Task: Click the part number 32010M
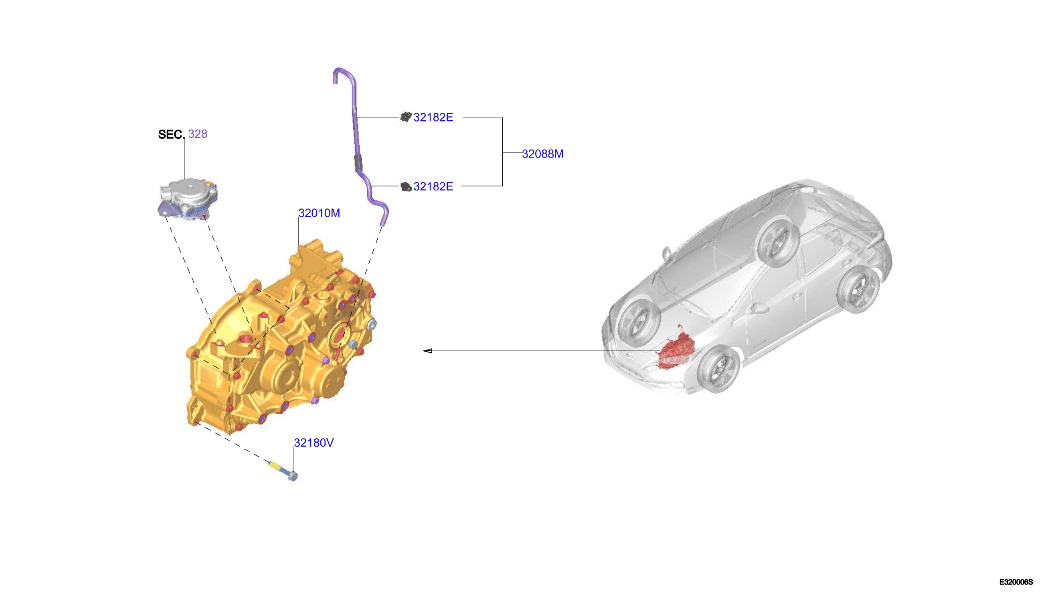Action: [319, 213]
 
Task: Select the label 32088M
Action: [542, 154]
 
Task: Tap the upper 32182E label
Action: [433, 117]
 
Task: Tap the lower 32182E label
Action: [433, 186]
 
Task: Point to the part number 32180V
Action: [314, 443]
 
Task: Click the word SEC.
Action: [170, 134]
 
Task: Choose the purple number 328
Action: [198, 134]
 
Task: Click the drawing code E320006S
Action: [1016, 582]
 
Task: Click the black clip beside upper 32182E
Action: [405, 117]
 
